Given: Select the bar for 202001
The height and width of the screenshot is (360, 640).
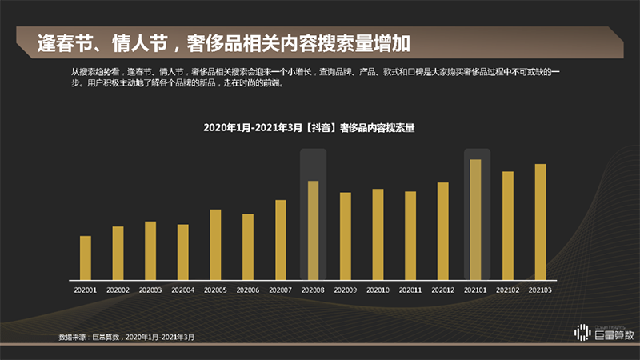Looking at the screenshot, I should (86, 258).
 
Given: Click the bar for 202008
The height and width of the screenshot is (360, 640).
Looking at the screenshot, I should (313, 230).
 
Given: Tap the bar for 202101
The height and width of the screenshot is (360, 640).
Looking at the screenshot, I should (475, 219).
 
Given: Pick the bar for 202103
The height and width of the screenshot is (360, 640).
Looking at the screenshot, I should (541, 222).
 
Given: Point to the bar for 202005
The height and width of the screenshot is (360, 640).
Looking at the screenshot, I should (215, 244).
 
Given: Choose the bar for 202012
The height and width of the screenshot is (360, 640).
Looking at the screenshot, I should (442, 231).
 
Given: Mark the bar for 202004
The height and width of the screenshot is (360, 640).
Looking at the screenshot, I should (183, 252).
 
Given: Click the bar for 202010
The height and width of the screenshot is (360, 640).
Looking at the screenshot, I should (378, 234).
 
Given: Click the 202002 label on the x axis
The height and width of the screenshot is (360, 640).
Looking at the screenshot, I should (118, 290).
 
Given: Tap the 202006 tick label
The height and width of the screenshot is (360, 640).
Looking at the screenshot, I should (248, 290).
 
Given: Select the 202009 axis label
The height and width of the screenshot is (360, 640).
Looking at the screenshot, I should (346, 290).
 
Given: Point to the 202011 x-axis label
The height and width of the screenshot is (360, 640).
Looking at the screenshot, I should (410, 290).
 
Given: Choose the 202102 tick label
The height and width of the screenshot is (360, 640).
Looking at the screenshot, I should (508, 290).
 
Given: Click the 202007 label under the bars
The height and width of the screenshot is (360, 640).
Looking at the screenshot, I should (281, 290).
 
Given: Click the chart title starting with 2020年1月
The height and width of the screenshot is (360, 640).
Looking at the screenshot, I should (313, 127).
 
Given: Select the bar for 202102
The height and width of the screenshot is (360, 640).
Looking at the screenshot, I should (508, 226).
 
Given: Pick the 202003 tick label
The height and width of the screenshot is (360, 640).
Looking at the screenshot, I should (150, 290).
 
